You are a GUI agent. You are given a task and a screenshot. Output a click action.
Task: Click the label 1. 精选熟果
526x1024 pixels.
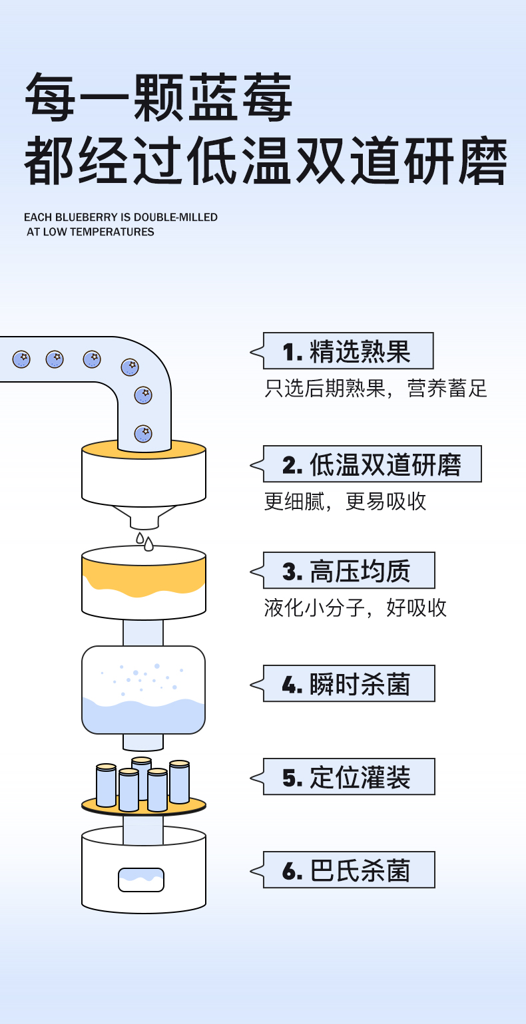(348, 351)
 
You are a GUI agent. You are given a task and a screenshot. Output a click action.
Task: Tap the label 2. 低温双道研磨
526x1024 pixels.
(372, 464)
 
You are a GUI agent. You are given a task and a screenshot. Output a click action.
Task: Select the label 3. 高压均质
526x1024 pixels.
(348, 571)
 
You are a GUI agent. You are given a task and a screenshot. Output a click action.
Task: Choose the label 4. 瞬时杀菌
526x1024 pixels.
(348, 684)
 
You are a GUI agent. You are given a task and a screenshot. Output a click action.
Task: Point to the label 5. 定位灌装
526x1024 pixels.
(348, 777)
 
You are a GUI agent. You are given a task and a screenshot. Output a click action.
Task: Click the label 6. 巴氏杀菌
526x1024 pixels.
(348, 870)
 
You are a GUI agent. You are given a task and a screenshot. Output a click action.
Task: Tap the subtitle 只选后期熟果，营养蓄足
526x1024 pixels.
(376, 389)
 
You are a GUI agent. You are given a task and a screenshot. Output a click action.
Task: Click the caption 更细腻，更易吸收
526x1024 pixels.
(345, 502)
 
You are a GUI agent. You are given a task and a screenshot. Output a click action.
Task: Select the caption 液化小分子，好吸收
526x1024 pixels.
(356, 608)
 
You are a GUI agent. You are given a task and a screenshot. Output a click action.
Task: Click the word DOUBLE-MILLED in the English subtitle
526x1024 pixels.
(176, 218)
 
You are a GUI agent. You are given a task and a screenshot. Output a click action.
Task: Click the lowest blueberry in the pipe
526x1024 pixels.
(143, 434)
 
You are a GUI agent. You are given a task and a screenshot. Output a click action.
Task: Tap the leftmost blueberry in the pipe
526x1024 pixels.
(21, 359)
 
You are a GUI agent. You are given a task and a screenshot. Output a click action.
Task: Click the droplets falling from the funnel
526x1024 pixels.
(144, 542)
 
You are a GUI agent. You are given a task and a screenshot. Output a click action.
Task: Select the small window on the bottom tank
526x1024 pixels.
(141, 880)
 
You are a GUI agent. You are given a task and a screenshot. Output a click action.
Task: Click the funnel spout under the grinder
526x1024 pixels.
(143, 520)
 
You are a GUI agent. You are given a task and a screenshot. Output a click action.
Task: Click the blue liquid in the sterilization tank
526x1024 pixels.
(143, 715)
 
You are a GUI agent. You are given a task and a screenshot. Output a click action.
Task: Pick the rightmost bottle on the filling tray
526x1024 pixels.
(179, 782)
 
